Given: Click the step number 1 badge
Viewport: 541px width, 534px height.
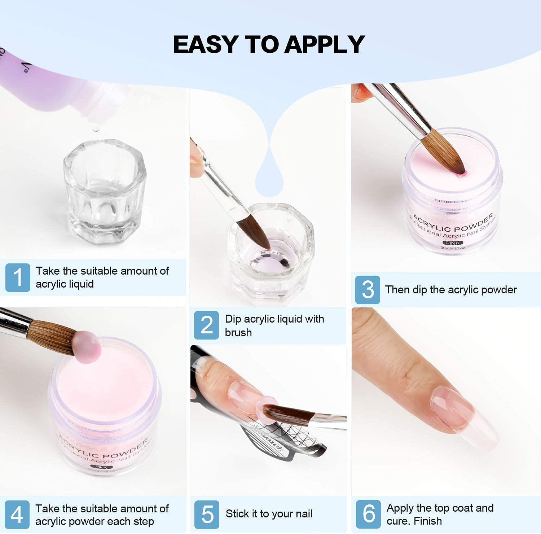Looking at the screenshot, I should pyautogui.click(x=18, y=277).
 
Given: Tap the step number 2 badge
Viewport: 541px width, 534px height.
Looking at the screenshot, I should pyautogui.click(x=206, y=325).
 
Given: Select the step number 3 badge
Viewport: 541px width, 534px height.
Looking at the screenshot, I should pyautogui.click(x=368, y=289).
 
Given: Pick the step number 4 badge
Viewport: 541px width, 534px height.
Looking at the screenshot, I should pyautogui.click(x=17, y=515).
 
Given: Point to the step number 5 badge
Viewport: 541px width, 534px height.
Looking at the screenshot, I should pyautogui.click(x=207, y=514).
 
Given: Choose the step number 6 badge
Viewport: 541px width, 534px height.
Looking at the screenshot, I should pyautogui.click(x=368, y=514).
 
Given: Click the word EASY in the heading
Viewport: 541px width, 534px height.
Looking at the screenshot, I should pyautogui.click(x=205, y=44).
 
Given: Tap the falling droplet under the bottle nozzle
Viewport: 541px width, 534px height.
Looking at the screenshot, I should pyautogui.click(x=95, y=128).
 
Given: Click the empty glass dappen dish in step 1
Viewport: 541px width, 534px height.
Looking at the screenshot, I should pyautogui.click(x=105, y=191).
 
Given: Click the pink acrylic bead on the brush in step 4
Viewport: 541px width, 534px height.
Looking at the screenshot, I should pyautogui.click(x=86, y=347).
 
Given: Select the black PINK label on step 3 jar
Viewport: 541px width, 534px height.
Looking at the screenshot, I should pyautogui.click(x=452, y=243).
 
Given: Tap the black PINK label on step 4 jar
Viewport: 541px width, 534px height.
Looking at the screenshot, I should pyautogui.click(x=101, y=467).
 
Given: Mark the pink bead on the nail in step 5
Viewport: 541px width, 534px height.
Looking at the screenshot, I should pyautogui.click(x=266, y=407).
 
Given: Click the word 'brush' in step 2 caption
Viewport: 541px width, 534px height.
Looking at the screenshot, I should pyautogui.click(x=238, y=332).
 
